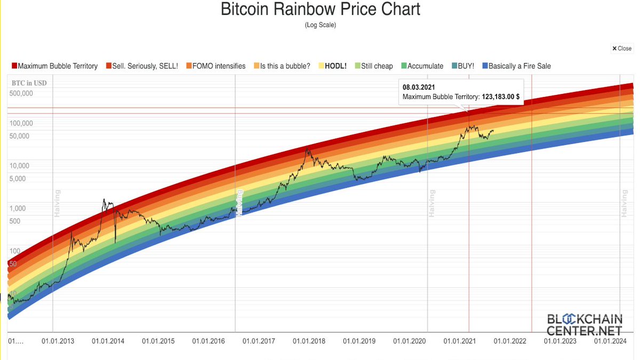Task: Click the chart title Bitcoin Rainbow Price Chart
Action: pos(320,10)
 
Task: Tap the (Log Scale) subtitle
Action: pos(320,25)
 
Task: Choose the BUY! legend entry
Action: pos(462,66)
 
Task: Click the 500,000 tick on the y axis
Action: pos(21,93)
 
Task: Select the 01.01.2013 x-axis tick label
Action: pos(58,341)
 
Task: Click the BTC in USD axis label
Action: pos(29,83)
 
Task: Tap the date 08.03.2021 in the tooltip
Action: pos(419,86)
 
